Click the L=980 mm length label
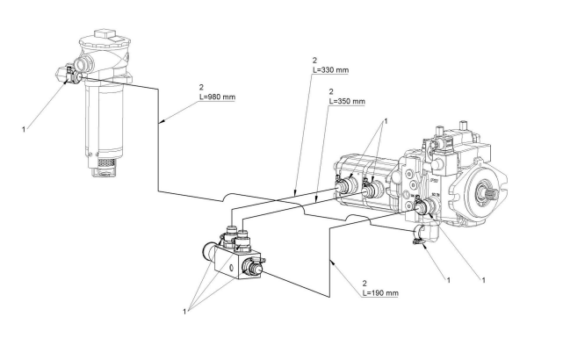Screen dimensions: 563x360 [217, 97]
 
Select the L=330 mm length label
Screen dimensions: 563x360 [330, 69]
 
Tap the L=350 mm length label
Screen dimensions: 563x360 [347, 101]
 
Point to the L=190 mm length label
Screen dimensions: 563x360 [380, 293]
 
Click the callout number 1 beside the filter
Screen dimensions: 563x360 [24, 130]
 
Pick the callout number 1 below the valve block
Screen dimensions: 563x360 [185, 312]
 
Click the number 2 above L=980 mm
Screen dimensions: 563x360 [201, 87]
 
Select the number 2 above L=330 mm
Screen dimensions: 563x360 [315, 60]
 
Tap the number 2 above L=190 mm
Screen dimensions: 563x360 [365, 284]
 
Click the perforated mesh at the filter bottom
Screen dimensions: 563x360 [106, 162]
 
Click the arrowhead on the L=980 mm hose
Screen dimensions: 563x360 [162, 122]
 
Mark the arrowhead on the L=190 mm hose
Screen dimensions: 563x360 [333, 263]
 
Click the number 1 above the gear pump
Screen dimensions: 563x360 [386, 121]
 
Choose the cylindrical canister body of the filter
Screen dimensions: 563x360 [105, 119]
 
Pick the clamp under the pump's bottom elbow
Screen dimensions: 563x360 [418, 241]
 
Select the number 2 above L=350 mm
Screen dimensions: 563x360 [331, 91]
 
